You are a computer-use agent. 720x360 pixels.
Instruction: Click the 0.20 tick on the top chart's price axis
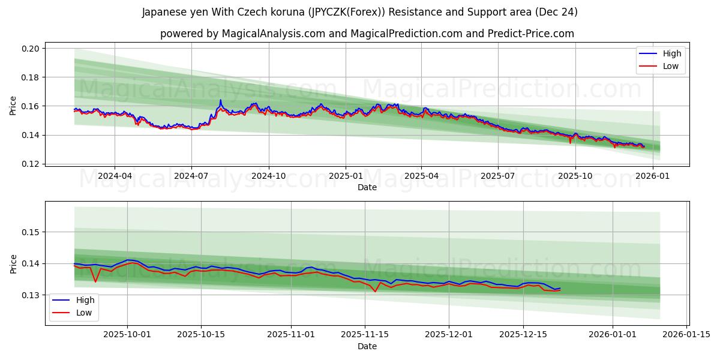31,49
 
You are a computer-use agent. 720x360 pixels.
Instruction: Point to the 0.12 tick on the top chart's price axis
31,164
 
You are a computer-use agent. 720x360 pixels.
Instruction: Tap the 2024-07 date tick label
191,176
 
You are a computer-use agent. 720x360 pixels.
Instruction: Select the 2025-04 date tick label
421,176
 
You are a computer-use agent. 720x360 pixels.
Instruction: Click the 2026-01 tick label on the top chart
652,176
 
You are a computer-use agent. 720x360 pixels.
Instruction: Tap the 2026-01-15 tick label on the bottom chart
686,335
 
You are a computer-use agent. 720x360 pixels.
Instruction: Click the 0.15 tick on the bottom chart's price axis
31,232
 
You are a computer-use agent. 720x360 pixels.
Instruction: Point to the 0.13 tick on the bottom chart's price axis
31,295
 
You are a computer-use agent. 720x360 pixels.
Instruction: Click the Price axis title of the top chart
13,106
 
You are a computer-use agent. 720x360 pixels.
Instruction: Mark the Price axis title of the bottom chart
13,263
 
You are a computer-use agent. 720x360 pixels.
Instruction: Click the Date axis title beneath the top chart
367,187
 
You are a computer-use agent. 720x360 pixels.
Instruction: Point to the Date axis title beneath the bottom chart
367,346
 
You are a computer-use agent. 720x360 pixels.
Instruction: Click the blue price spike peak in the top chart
220,100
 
